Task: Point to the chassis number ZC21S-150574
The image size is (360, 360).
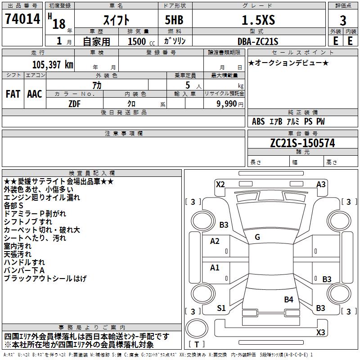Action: point(302,143)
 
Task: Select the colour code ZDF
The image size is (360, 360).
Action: point(74,103)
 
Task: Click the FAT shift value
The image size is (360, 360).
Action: point(13,94)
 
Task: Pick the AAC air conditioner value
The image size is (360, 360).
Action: point(35,94)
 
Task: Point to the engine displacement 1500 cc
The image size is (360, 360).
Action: point(139,42)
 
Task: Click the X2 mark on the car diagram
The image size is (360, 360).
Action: point(220,184)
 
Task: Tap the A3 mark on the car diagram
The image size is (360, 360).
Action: point(321,184)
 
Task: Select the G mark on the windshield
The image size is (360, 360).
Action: point(257,237)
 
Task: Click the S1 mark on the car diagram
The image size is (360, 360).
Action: point(221,308)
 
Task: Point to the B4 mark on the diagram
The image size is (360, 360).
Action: point(288,299)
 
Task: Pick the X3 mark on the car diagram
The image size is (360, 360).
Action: point(320,333)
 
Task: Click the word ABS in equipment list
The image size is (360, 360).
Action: point(258,121)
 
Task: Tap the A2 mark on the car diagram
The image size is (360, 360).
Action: point(215,241)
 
